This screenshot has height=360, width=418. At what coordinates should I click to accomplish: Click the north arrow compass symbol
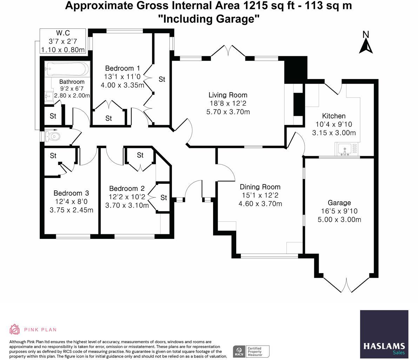pos(366,43)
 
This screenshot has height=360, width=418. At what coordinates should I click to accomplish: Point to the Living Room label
pos(228,95)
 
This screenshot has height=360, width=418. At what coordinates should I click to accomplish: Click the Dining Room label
pos(260,187)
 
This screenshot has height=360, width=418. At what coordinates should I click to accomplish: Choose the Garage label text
pos(339,203)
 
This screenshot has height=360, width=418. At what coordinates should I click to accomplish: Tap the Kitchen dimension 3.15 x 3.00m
pos(334,133)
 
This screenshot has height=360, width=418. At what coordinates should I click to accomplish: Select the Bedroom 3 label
pos(71,193)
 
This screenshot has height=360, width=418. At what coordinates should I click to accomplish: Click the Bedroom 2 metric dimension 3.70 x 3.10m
pos(127,205)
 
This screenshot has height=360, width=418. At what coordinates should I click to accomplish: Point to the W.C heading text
pos(63,33)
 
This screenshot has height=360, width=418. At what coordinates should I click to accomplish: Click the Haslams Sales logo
pos(384,334)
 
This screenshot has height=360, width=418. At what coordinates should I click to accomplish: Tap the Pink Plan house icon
pos(14,329)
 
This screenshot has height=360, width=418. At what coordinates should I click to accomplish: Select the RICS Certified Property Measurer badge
pos(251,352)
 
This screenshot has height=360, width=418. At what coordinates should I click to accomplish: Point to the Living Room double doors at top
pos(228,51)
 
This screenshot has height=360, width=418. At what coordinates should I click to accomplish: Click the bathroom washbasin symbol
pos(49,96)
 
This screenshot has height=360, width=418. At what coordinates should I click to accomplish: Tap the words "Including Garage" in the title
pos(209,19)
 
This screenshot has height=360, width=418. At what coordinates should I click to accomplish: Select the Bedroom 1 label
pos(122,68)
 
